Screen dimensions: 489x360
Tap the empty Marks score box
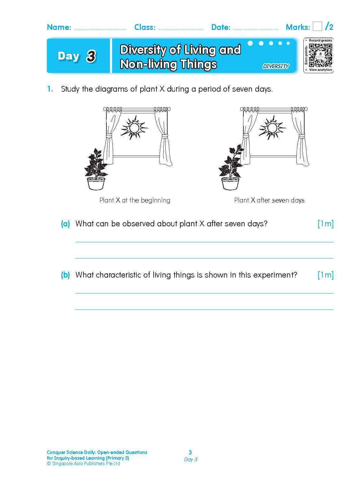click(317, 26)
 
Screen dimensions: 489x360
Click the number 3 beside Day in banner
click(91, 56)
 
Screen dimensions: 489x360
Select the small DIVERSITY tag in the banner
click(276, 66)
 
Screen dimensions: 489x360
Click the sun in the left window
click(134, 128)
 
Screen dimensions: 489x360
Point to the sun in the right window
click(272, 128)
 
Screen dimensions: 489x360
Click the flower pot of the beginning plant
click(96, 184)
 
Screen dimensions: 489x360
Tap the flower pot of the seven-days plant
click(230, 184)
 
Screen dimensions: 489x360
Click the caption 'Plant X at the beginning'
click(135, 200)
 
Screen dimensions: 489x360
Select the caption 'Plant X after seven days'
click(269, 200)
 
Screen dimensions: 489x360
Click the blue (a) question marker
click(65, 224)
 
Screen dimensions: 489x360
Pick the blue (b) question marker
click(65, 275)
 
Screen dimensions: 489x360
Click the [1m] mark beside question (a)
click(325, 224)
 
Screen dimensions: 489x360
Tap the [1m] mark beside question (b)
click(325, 275)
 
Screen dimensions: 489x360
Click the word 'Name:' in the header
click(59, 27)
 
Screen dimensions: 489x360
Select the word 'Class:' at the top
click(145, 27)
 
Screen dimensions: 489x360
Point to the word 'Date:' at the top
click(221, 27)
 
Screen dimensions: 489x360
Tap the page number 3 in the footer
click(190, 452)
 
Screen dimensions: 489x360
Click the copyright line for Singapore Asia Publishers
click(83, 464)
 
